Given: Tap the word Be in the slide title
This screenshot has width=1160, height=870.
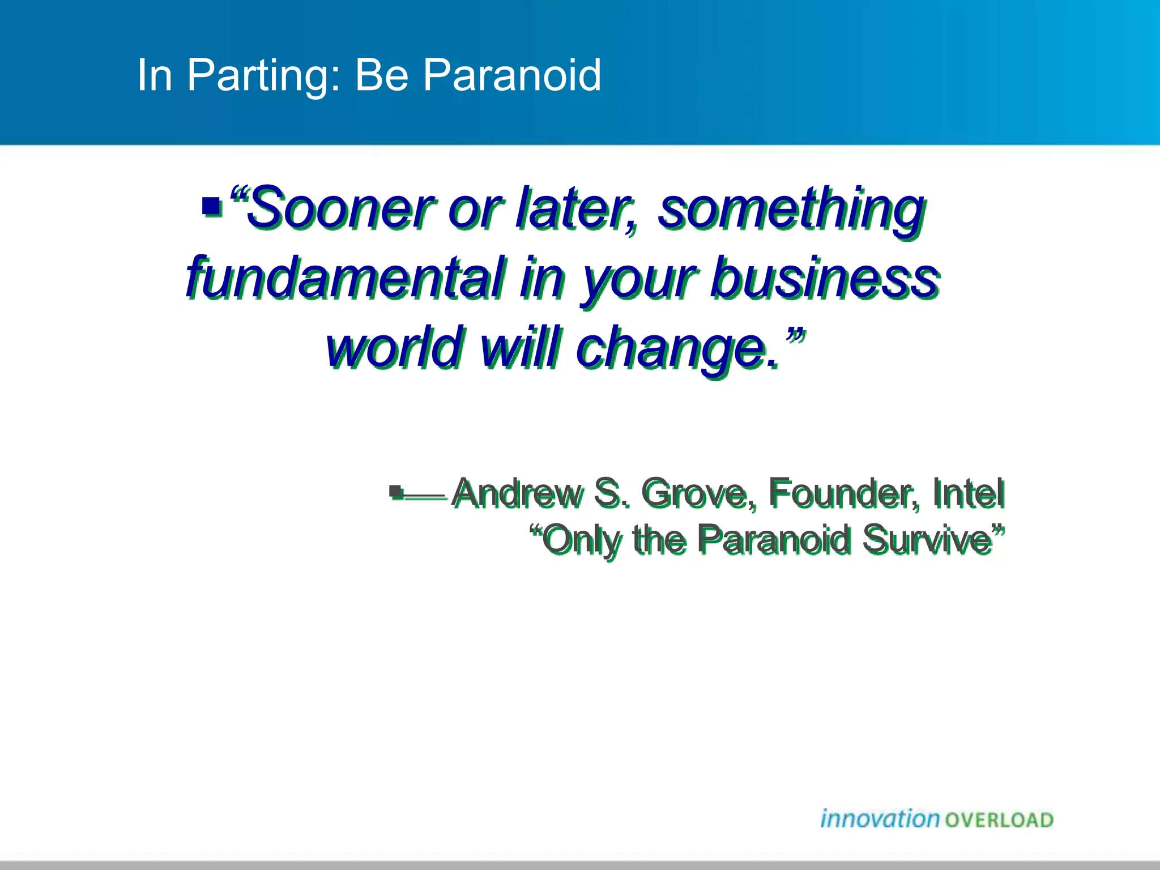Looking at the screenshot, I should coord(381,75).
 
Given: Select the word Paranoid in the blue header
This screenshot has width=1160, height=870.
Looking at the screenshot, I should coord(512,75).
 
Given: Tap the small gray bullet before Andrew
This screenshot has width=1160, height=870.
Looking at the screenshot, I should coord(396,492).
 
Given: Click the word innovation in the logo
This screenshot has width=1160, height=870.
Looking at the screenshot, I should coord(880,819).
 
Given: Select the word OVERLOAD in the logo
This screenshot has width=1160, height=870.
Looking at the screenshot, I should coord(999,820).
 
